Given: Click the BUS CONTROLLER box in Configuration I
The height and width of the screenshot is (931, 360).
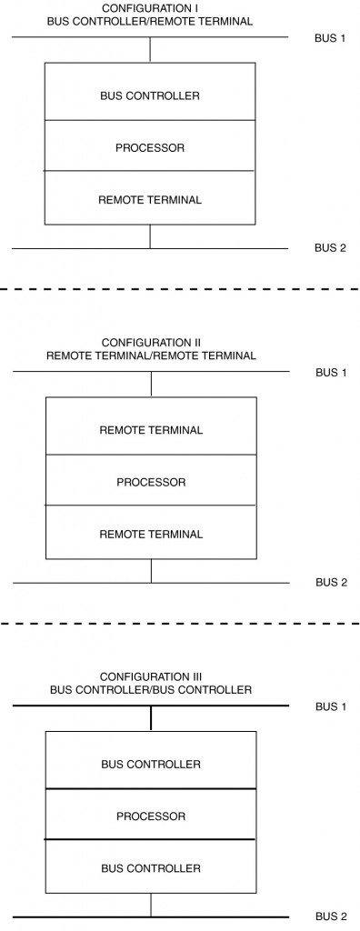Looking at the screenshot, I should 150,95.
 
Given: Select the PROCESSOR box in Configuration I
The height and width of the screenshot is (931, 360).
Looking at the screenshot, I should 150,146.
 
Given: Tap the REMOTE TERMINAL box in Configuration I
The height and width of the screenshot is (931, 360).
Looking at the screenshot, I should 150,198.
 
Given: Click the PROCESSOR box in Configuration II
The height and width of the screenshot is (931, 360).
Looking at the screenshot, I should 151,481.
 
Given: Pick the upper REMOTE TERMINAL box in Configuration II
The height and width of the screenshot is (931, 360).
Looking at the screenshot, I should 151,429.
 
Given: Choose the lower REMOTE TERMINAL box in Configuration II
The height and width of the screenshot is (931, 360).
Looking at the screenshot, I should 151,533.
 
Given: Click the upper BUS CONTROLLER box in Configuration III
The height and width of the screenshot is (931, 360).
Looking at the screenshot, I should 151,764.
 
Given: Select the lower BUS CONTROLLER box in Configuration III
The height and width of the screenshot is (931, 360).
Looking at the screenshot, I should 151,867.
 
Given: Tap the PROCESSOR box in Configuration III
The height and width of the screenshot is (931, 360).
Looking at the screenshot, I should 151,816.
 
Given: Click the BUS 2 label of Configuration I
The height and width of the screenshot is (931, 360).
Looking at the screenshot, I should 331,247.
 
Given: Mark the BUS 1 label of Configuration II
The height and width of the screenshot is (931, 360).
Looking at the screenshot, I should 331,372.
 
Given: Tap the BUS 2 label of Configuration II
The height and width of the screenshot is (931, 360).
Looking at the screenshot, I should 331,582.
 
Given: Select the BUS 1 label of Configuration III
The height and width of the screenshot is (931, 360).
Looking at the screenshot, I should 331,706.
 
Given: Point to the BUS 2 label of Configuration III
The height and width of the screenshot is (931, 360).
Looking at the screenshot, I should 331,916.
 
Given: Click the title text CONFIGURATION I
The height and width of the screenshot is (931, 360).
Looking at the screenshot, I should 151,7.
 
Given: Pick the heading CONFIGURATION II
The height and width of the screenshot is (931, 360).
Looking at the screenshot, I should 151,343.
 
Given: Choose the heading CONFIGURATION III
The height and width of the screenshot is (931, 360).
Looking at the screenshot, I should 151,677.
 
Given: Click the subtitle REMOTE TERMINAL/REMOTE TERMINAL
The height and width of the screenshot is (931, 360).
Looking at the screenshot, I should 151,355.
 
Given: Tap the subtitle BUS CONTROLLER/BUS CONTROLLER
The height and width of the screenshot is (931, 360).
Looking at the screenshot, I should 151,690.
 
